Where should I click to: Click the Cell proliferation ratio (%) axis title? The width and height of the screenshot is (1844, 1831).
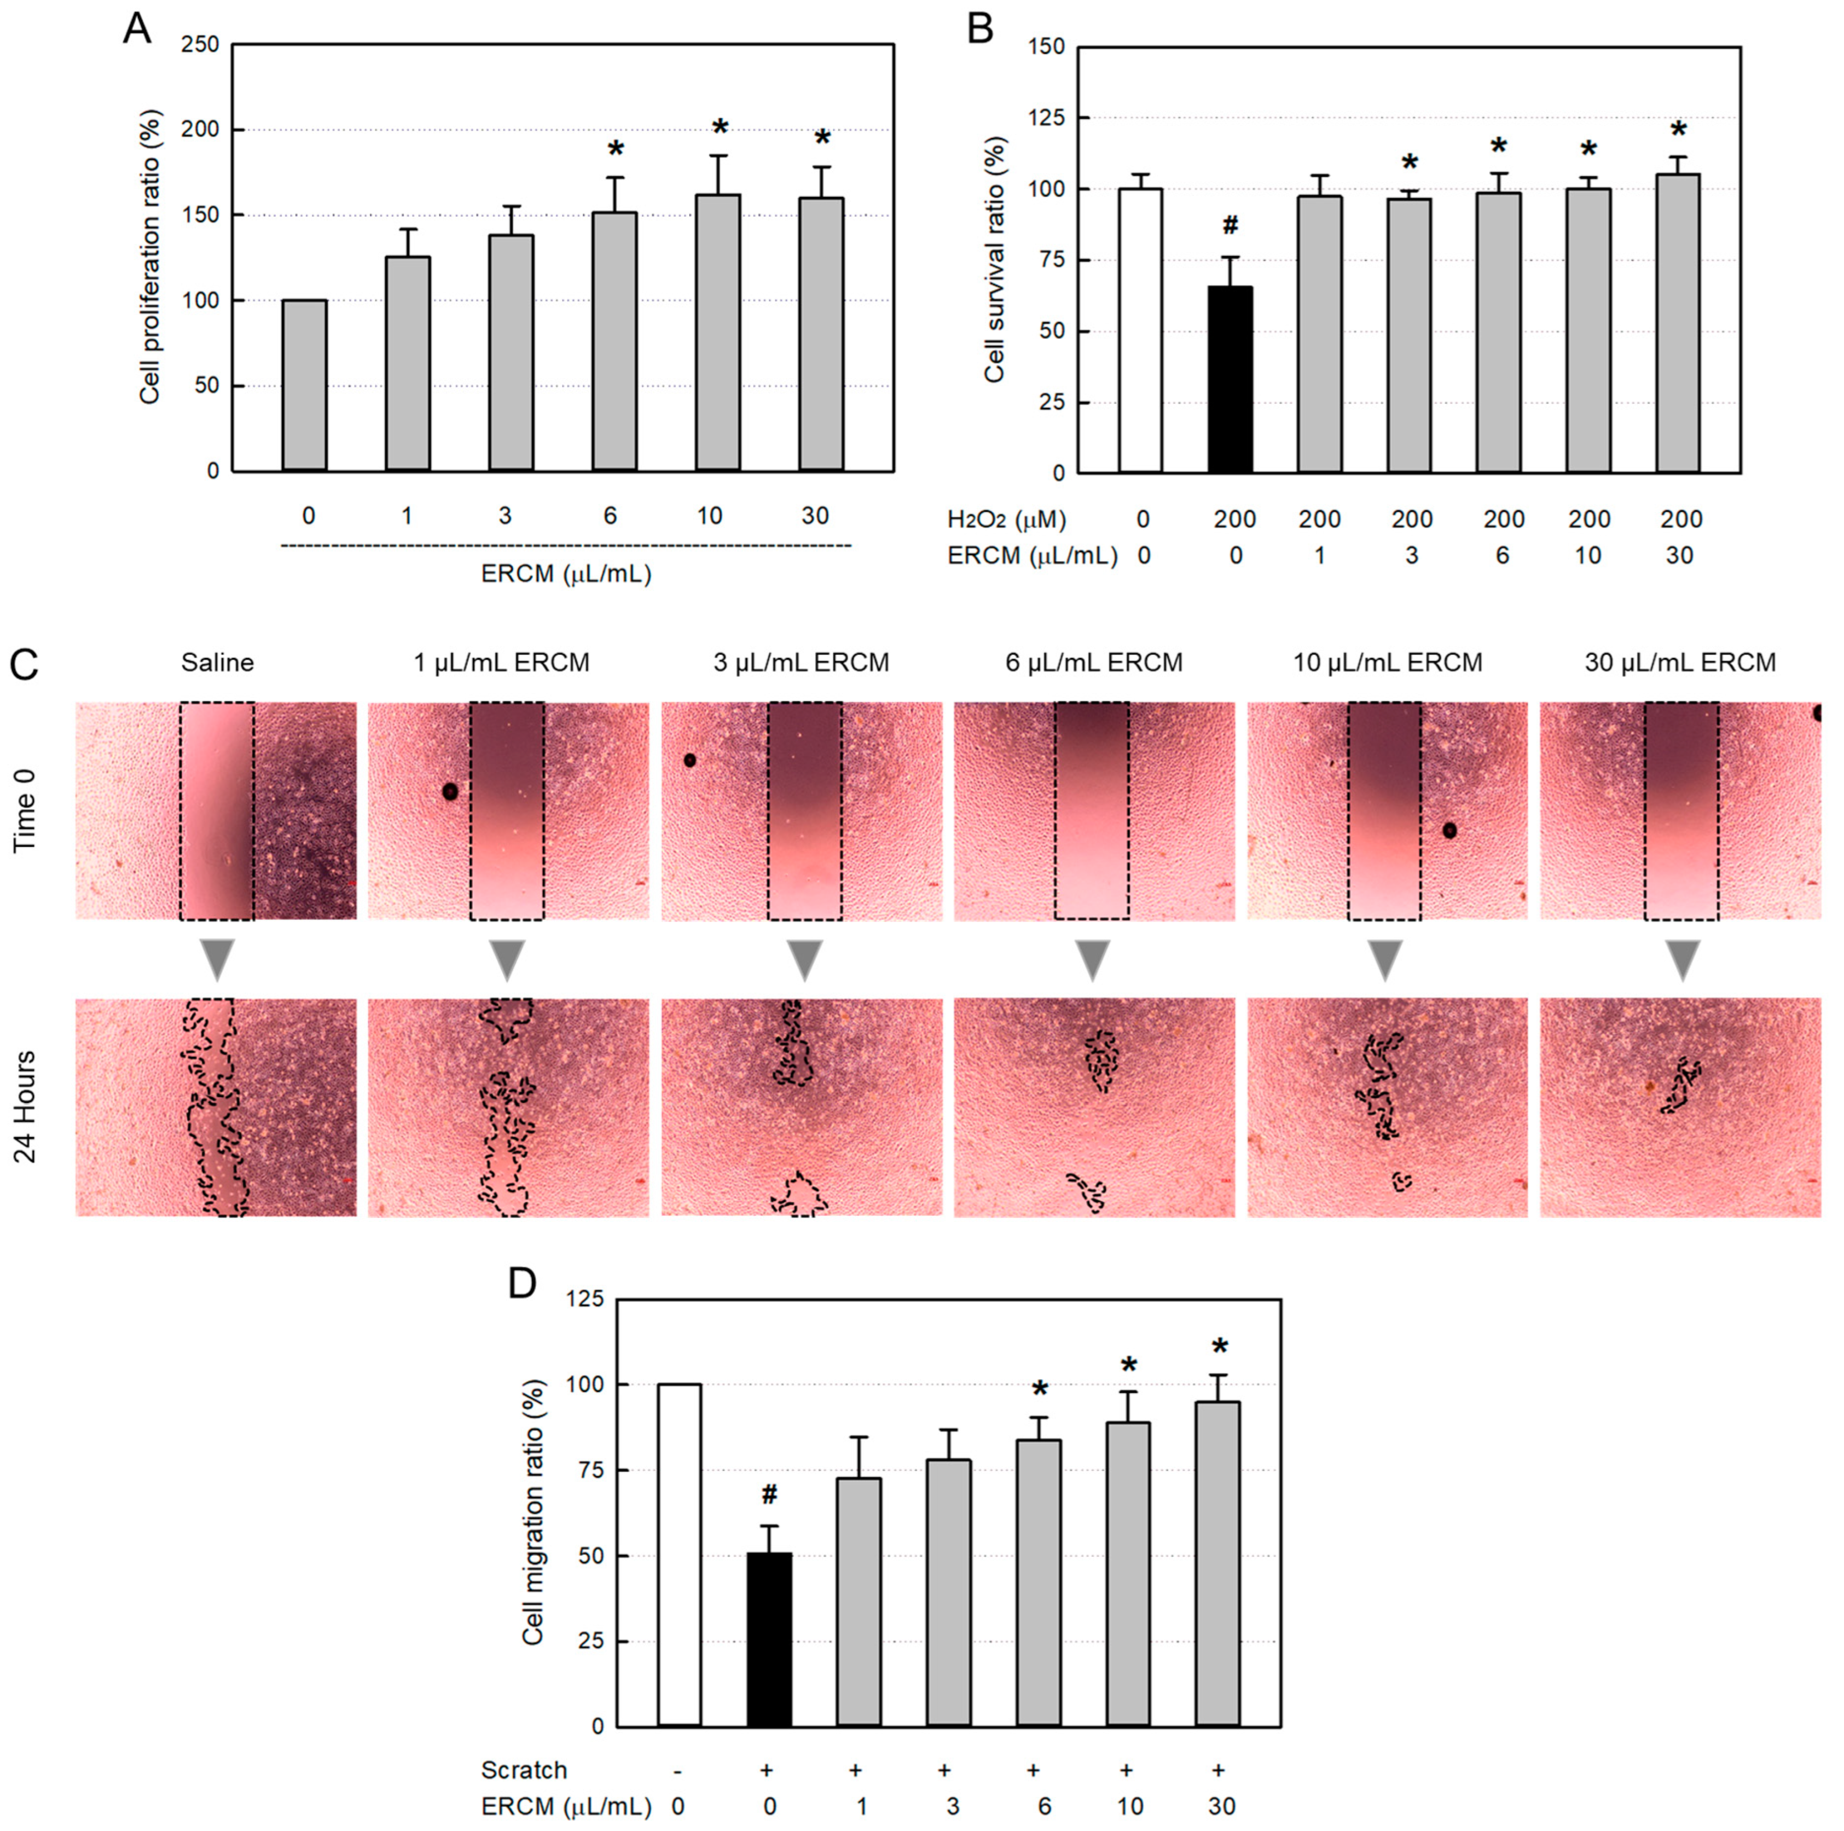tap(150, 258)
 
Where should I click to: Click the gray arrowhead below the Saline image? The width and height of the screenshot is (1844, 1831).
tap(218, 959)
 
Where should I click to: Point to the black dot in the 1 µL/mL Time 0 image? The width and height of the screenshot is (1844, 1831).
tap(450, 791)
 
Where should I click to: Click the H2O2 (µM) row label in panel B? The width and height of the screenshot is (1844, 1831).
tap(1006, 519)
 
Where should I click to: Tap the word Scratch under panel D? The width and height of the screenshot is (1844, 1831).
tap(523, 1770)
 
